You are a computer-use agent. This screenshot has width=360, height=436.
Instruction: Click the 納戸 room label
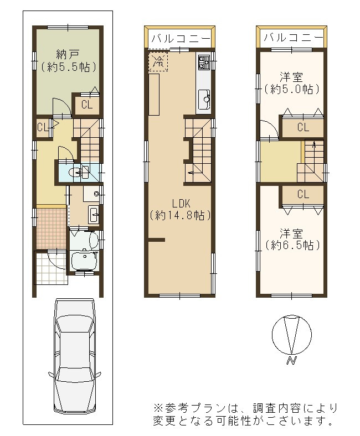pyautogui.click(x=69, y=55)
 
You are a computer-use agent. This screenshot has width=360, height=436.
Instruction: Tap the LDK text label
pyautogui.click(x=180, y=203)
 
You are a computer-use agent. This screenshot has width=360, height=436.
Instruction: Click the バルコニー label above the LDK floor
pyautogui.click(x=180, y=39)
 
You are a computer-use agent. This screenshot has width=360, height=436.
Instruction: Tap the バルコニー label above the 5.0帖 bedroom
pyautogui.click(x=292, y=38)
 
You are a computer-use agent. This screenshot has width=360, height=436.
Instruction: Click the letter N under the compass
pyautogui.click(x=290, y=361)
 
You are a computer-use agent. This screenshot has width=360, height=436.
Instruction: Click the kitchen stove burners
pyautogui.click(x=203, y=62)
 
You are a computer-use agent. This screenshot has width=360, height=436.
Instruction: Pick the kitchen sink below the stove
pyautogui.click(x=204, y=99)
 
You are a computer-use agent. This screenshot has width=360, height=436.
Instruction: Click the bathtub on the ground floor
pyautogui.click(x=85, y=241)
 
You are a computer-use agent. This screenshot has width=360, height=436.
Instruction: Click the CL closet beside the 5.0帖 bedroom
pyautogui.click(x=302, y=127)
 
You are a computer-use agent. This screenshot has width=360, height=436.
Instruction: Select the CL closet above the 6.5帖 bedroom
pyautogui.click(x=302, y=194)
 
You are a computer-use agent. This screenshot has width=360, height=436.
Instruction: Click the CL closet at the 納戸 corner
pyautogui.click(x=87, y=105)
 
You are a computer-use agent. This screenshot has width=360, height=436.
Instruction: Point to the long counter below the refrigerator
pyautogui.click(x=154, y=95)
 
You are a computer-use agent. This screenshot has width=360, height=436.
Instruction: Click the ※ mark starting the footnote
pyautogui.click(x=158, y=408)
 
